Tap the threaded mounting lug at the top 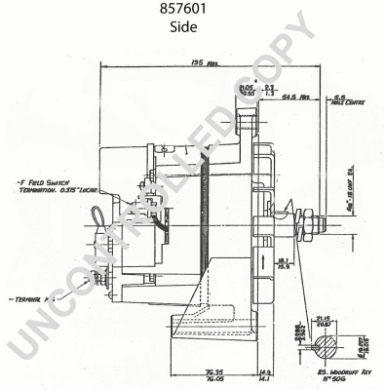coord(247,122)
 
